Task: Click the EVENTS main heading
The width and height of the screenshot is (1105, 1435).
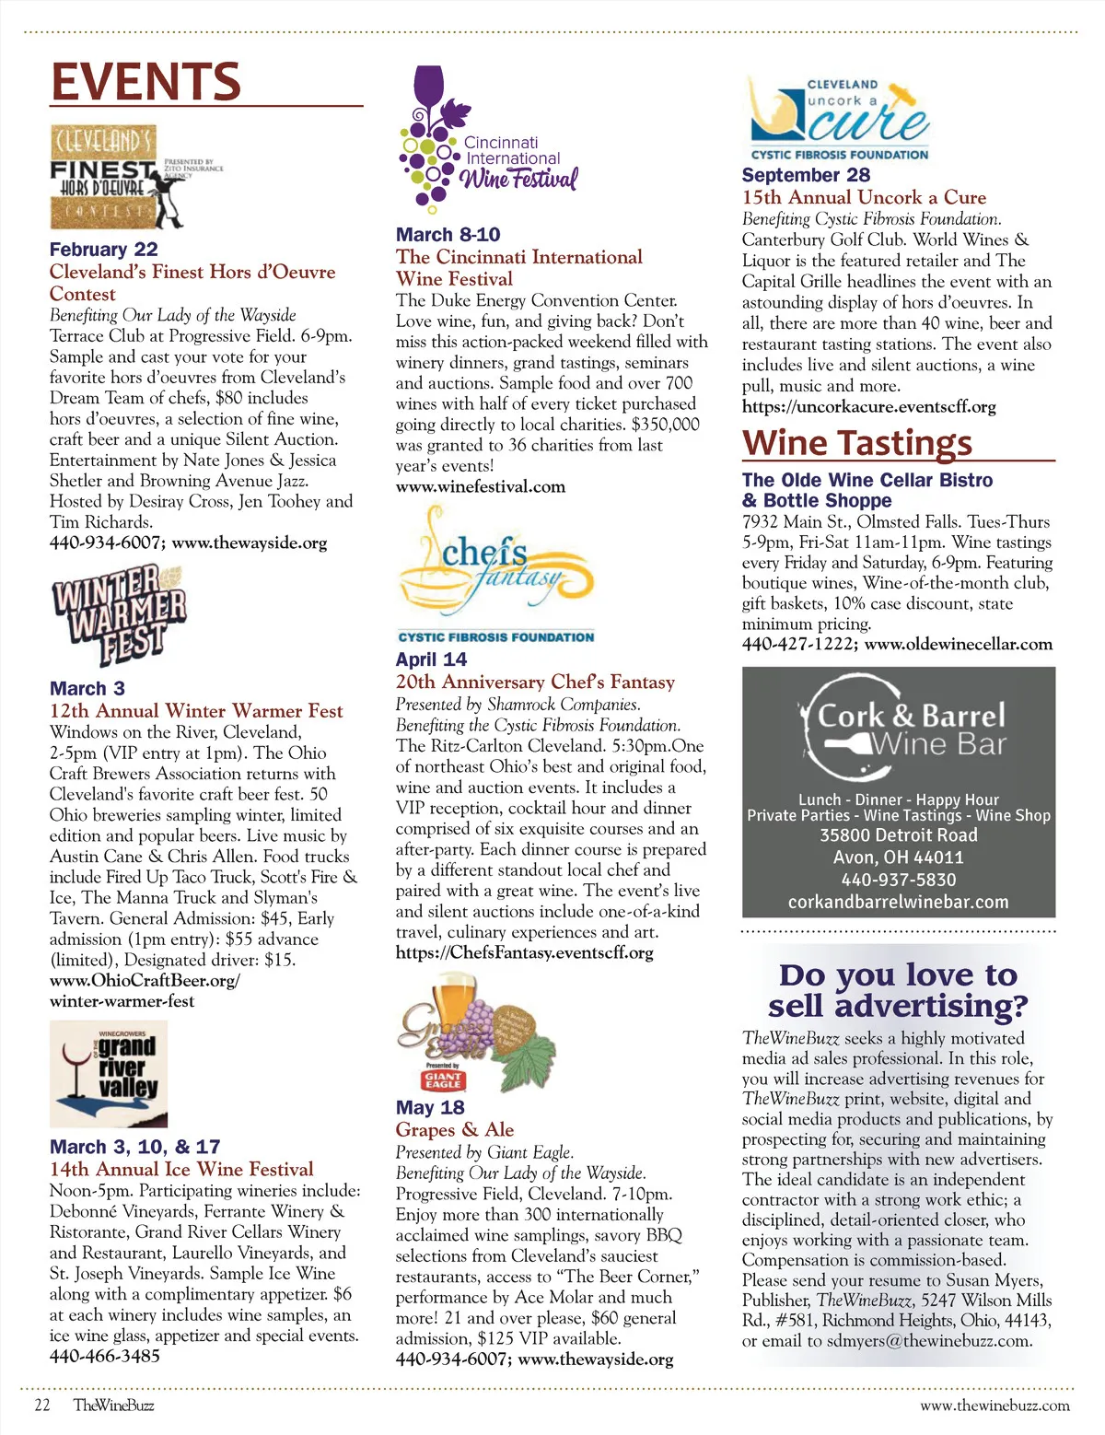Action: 145,82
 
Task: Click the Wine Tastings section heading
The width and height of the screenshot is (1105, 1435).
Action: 857,443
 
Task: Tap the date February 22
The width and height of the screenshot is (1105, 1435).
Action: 104,250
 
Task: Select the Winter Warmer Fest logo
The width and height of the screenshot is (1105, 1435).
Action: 120,615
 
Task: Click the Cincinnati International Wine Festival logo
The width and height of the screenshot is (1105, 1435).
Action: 488,139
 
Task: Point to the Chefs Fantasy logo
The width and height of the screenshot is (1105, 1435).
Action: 495,567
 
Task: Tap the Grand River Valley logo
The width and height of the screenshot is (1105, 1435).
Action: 109,1074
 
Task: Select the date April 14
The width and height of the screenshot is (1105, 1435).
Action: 431,659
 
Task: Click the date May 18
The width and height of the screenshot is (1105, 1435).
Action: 430,1107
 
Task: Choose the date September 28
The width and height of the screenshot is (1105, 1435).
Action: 806,175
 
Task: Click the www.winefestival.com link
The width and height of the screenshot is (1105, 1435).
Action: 481,486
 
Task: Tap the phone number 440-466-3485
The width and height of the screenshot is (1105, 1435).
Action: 105,1356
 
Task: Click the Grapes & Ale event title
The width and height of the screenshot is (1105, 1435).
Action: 455,1129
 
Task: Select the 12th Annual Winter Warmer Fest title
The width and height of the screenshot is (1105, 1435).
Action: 196,711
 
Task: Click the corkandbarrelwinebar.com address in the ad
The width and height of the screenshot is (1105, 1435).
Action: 898,902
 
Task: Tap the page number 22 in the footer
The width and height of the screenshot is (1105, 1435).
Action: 42,1405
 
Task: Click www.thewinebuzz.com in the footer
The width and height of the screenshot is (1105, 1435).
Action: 994,1406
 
